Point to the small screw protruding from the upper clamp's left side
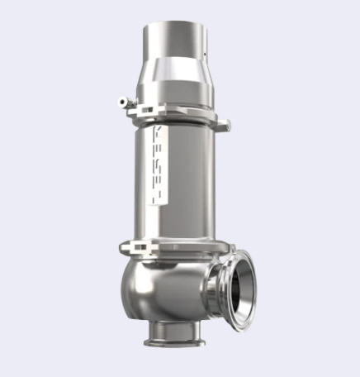(x=122, y=101)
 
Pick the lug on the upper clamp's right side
(x=223, y=124)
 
